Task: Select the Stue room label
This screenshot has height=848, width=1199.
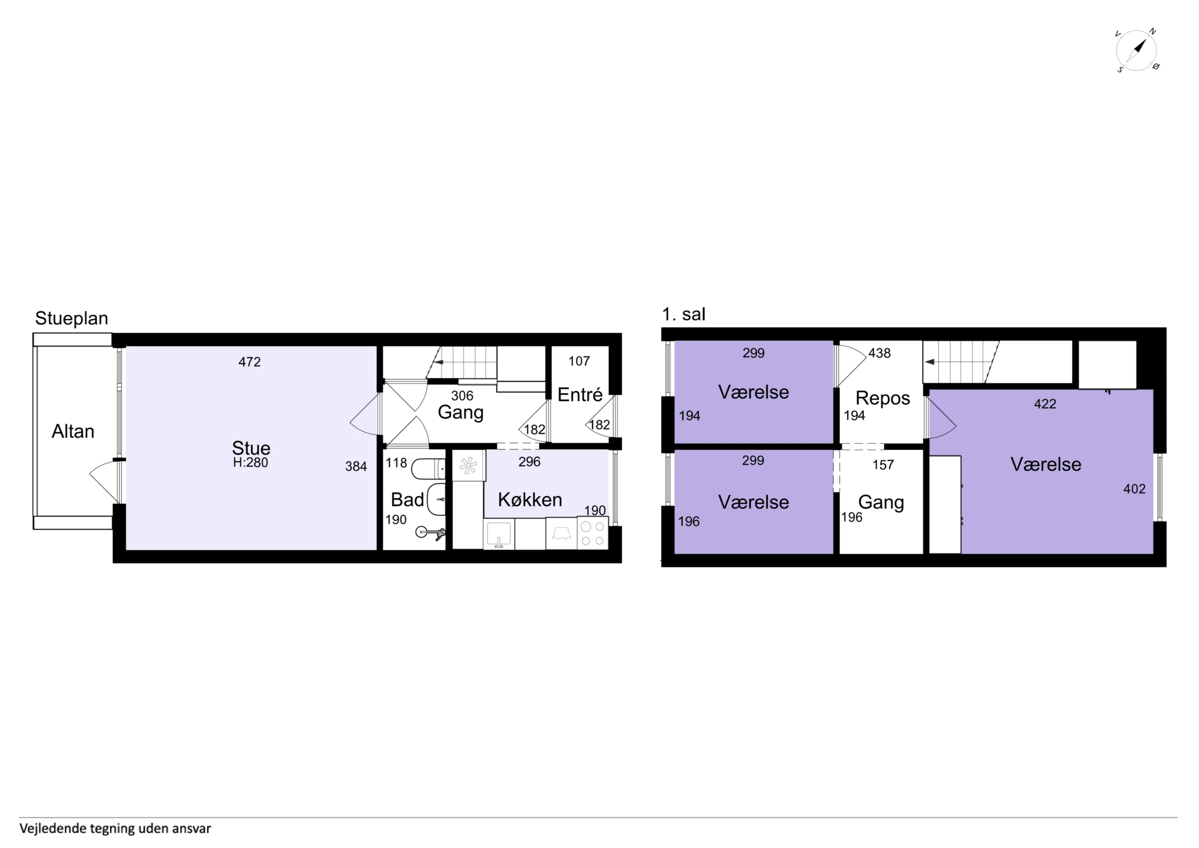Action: tap(251, 448)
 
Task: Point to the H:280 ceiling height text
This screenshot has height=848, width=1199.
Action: tap(251, 462)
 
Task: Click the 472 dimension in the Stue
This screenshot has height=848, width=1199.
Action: tap(249, 362)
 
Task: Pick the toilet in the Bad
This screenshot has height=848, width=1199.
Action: tap(428, 469)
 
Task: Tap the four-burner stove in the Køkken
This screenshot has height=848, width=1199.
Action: tap(593, 533)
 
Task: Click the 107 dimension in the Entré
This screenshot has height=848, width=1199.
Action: tap(579, 361)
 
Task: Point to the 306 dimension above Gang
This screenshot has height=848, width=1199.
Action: tap(462, 395)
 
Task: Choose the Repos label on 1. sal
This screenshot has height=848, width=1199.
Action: tap(882, 398)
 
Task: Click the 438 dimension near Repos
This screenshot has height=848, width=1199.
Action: tap(879, 353)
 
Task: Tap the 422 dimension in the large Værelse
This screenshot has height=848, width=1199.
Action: tap(1045, 404)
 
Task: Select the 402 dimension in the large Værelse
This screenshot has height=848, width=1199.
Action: tap(1134, 489)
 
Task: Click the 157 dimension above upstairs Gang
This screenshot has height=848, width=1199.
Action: tap(883, 465)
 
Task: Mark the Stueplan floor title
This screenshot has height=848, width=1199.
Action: tap(72, 318)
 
